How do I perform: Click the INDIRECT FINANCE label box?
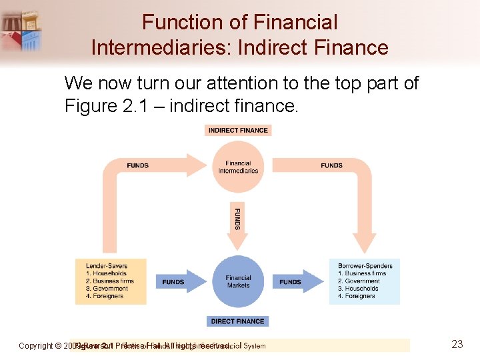click(x=238, y=130)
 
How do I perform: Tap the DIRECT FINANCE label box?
click(x=238, y=321)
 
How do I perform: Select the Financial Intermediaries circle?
click(x=238, y=167)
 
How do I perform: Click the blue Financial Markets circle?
click(x=238, y=281)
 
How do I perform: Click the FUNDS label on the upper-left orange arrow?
click(x=137, y=165)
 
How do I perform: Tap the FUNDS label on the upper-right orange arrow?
click(x=331, y=165)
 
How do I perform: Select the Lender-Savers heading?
click(x=107, y=266)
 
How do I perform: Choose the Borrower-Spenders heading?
click(x=365, y=266)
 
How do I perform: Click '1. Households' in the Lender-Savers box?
click(x=106, y=273)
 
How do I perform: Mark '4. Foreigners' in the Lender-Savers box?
click(x=105, y=296)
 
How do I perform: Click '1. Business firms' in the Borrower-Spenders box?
click(x=362, y=273)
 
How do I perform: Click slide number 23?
click(x=457, y=345)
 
